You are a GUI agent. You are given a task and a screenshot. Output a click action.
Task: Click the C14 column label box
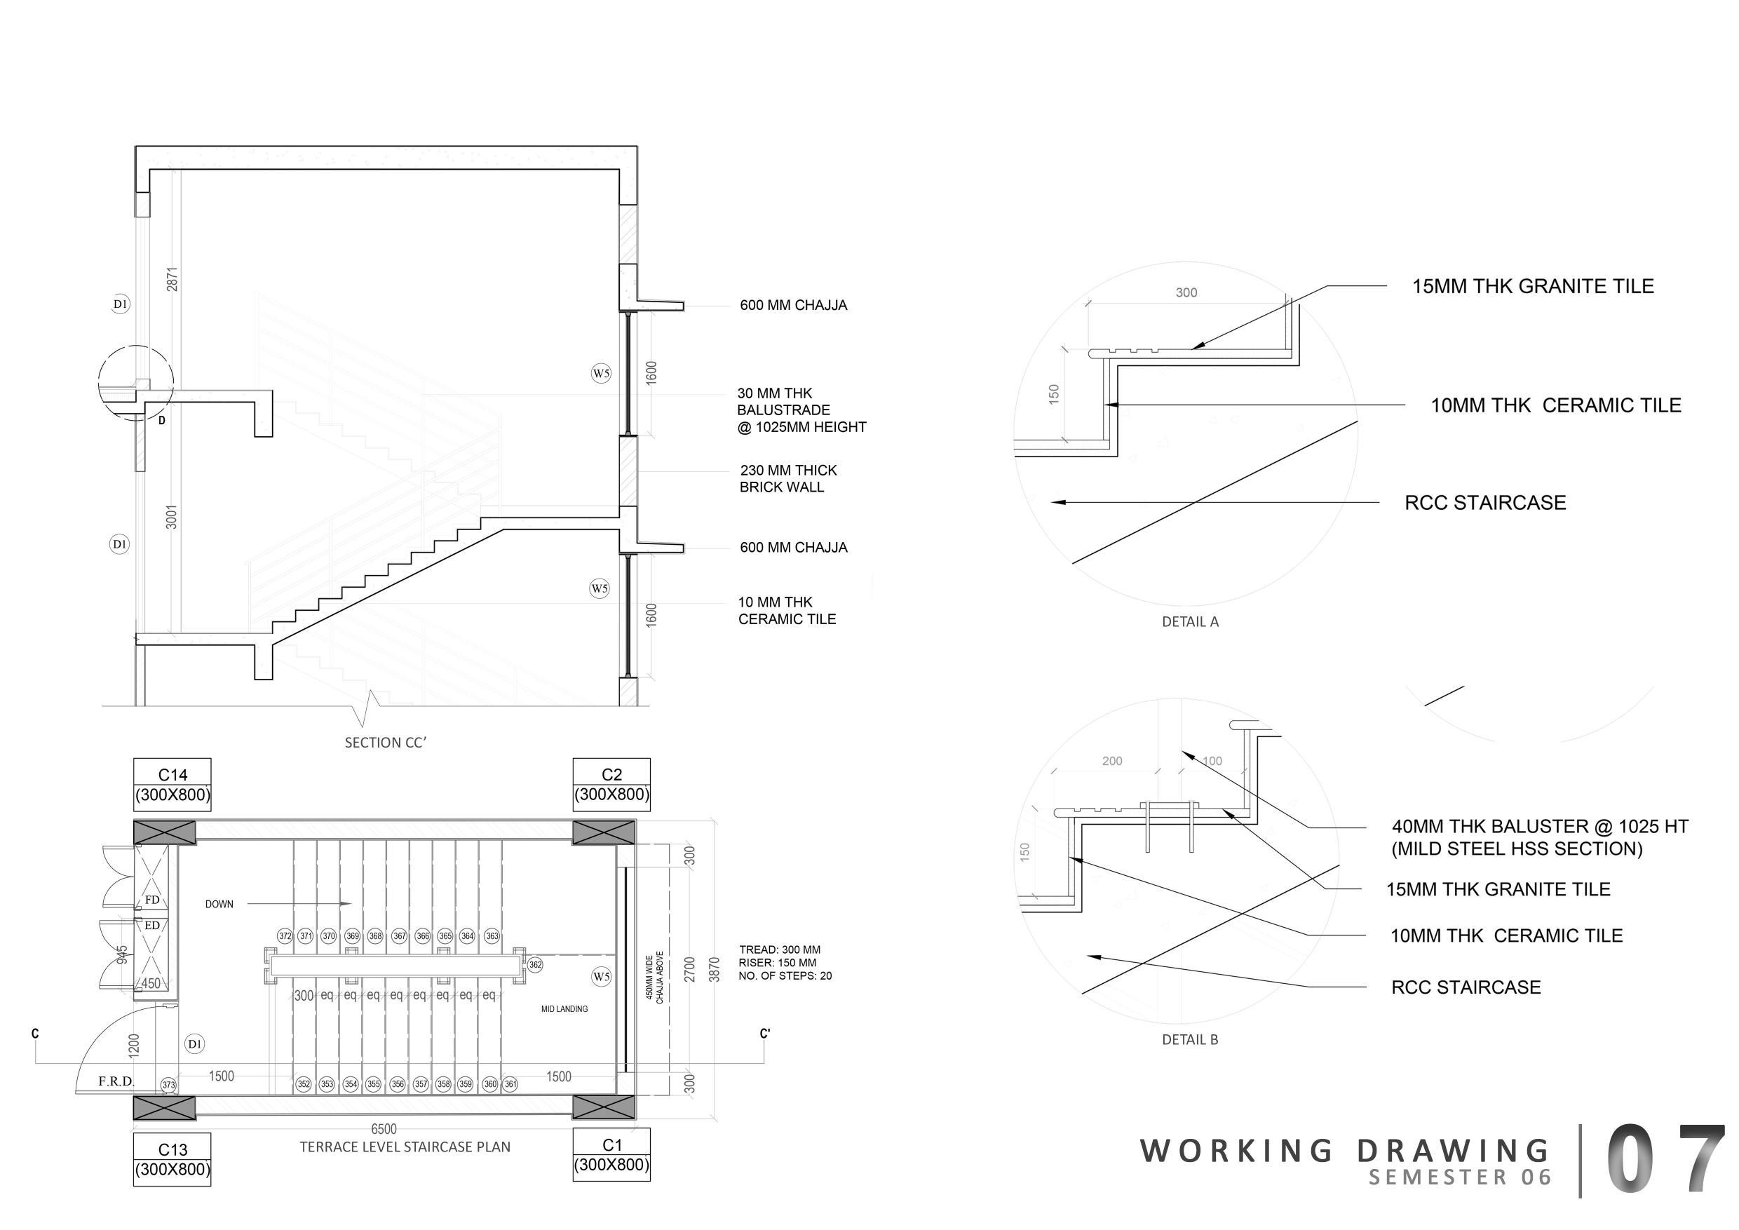[172, 785]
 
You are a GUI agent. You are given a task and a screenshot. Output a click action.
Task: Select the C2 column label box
[611, 785]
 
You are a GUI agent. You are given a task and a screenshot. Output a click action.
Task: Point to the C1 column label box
[611, 1155]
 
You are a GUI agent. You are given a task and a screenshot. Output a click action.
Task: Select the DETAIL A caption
[1190, 622]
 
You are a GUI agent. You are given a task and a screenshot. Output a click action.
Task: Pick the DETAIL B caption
[1190, 1040]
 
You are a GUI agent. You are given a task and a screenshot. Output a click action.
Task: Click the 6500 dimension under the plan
[384, 1129]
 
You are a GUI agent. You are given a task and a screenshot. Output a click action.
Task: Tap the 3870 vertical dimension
[713, 968]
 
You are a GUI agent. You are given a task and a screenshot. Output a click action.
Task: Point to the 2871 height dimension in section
[172, 278]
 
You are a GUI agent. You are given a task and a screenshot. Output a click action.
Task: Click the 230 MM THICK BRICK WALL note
[787, 479]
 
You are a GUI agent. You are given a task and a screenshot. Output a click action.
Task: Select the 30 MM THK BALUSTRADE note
[801, 410]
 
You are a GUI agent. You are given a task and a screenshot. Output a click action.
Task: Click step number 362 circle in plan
[535, 965]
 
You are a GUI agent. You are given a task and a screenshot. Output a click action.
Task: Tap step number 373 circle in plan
[168, 1086]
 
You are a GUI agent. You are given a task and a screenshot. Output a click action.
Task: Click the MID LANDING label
[564, 1009]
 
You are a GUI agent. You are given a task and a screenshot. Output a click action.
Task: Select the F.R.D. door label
[116, 1081]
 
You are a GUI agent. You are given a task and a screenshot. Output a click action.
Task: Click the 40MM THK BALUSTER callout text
[1539, 837]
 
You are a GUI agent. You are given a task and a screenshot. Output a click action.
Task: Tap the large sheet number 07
[1664, 1158]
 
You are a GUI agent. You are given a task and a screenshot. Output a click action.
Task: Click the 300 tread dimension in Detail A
[1186, 293]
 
